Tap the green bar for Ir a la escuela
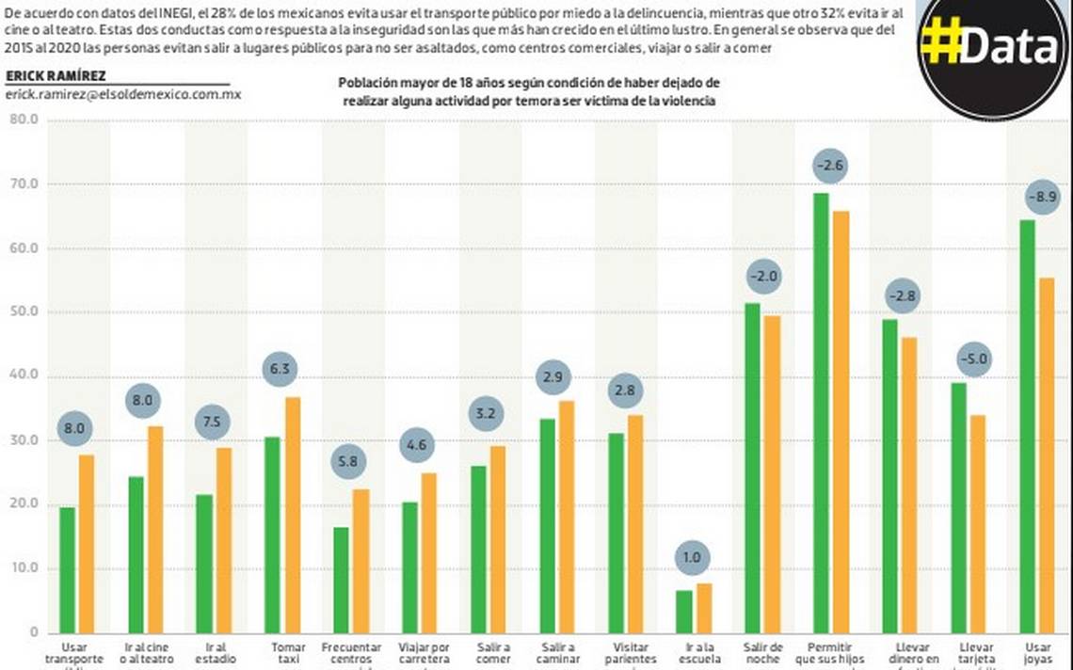(683, 611)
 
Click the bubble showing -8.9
(1043, 197)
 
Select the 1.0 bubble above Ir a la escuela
(693, 557)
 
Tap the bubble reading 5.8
(348, 462)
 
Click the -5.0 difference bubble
(973, 359)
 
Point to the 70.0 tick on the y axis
(23, 184)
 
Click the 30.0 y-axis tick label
(23, 440)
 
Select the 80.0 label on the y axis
(23, 120)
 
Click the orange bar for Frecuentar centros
(361, 560)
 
